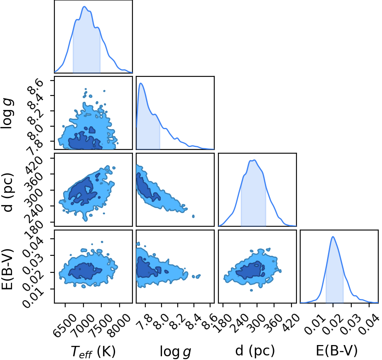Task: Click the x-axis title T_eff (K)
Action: coord(93,351)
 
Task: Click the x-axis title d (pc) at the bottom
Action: coord(255,351)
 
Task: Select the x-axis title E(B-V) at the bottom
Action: coord(337,351)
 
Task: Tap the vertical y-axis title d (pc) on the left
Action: coord(7,192)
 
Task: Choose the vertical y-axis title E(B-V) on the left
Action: coord(7,269)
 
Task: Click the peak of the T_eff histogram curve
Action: coord(84,7)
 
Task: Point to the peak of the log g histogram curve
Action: coord(141,83)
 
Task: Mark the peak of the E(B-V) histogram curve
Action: coord(333,237)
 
